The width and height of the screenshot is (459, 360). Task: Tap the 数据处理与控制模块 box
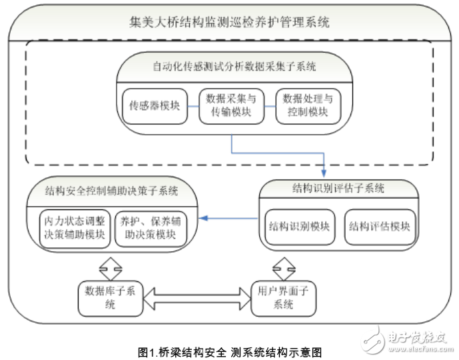(307, 106)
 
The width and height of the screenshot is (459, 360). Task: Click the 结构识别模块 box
(298, 227)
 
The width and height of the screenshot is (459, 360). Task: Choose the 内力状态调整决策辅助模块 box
(73, 227)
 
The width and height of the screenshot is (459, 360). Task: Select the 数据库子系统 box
(110, 297)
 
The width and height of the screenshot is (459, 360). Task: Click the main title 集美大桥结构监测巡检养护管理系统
(229, 22)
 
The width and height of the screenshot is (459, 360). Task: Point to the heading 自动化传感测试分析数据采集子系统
(230, 67)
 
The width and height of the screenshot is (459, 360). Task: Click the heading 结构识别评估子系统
(339, 189)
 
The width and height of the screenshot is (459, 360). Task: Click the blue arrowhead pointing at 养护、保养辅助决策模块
(206, 217)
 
